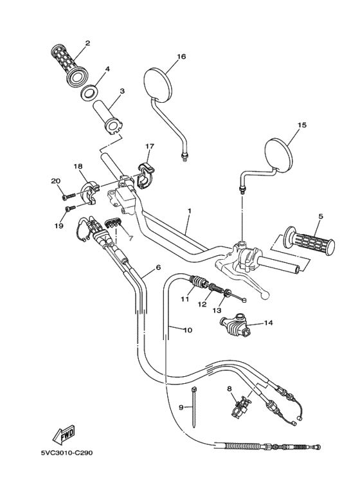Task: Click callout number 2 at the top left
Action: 87,44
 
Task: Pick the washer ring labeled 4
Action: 89,90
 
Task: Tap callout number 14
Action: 268,323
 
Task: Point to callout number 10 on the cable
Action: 188,330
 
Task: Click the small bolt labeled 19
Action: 69,208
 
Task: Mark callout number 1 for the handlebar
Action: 190,211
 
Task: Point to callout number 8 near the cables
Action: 228,388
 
